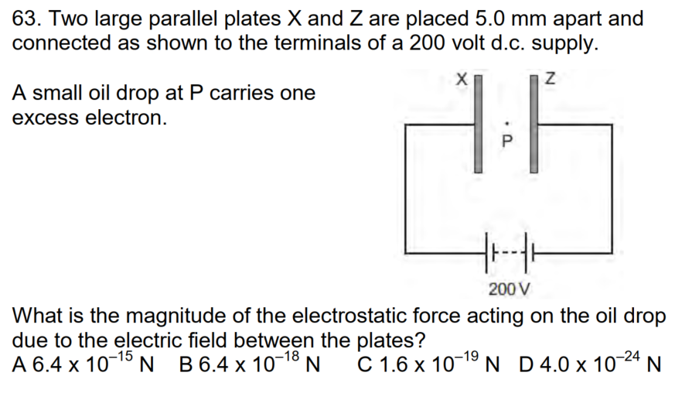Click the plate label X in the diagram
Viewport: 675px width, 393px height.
[462, 77]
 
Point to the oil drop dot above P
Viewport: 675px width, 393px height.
[506, 121]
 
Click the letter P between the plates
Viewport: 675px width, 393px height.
[506, 142]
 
